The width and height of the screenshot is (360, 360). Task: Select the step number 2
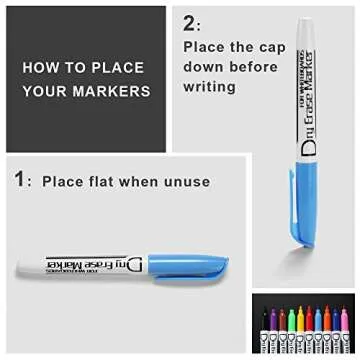coord(192,23)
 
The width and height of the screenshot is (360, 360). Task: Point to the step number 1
coord(19,181)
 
